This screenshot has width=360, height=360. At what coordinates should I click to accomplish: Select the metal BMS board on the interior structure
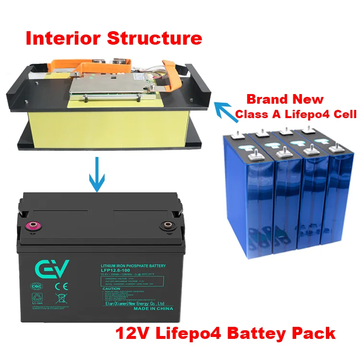click(111, 86)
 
